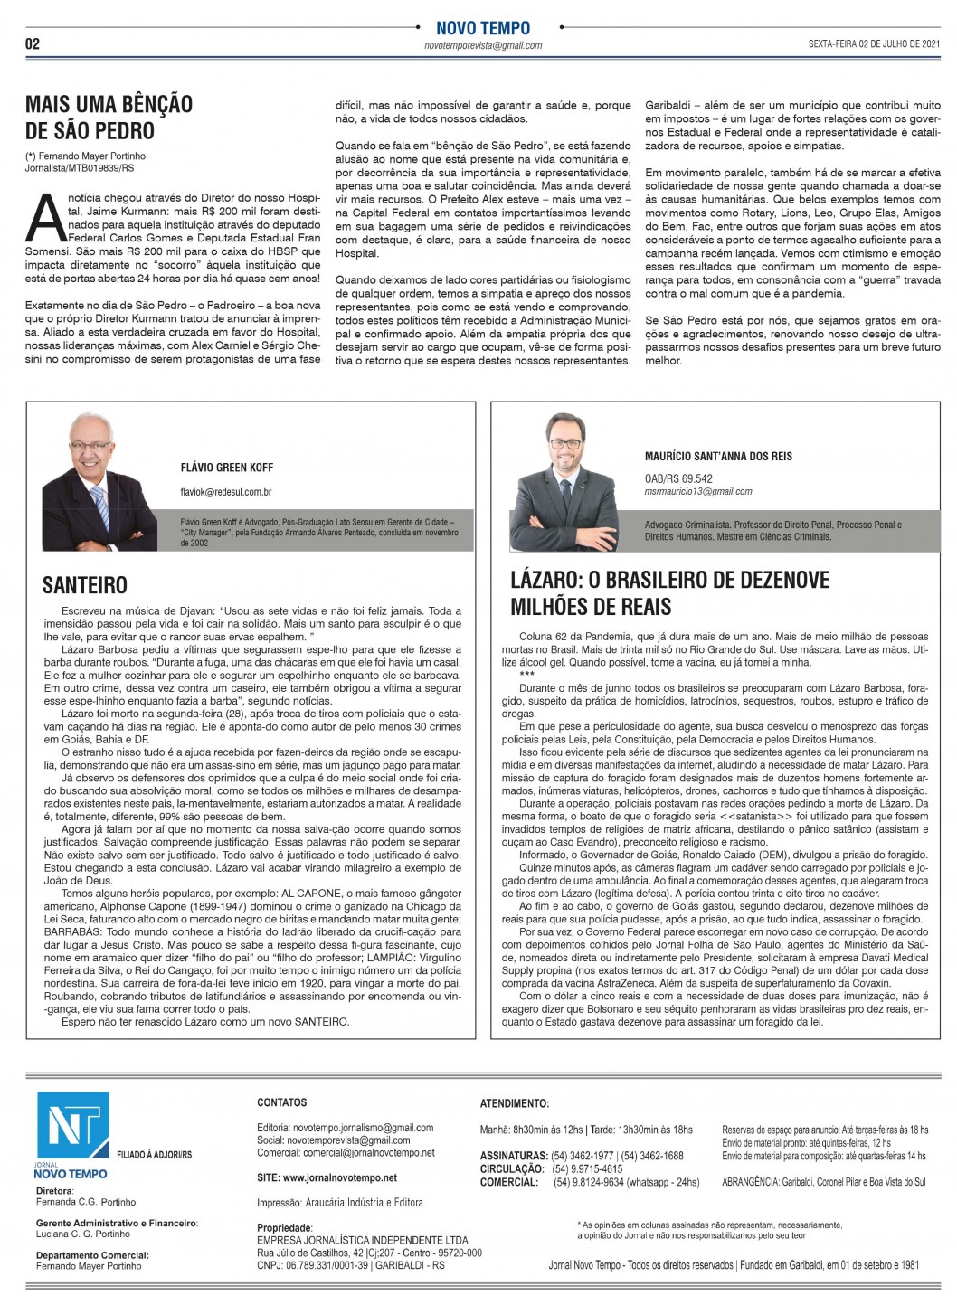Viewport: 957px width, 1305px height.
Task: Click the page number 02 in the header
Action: pos(33,44)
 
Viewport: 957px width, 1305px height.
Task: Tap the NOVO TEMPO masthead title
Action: pos(483,28)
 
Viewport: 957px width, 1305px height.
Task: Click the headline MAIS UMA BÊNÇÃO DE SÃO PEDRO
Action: pos(109,118)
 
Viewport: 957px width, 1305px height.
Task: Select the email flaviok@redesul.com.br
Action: pos(226,492)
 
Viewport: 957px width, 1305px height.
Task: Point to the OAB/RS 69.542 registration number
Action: pos(678,478)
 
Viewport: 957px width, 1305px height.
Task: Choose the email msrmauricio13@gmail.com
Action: pos(698,492)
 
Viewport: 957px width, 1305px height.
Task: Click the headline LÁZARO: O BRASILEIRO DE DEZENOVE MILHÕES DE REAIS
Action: pos(669,593)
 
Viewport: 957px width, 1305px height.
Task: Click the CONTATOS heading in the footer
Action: pos(282,1102)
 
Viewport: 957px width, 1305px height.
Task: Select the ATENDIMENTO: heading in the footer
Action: pos(515,1103)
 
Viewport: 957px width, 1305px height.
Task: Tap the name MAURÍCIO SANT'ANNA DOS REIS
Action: pos(718,457)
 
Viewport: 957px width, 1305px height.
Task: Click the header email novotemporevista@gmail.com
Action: pos(483,45)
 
